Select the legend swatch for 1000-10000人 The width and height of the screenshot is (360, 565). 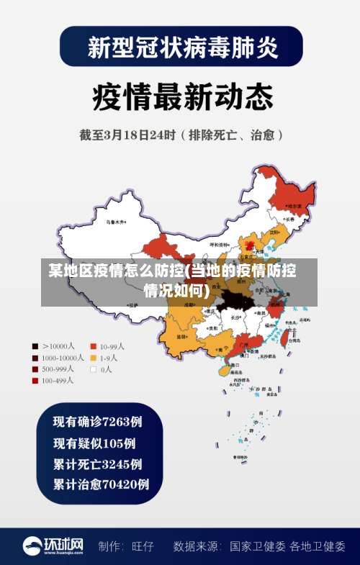click(x=35, y=358)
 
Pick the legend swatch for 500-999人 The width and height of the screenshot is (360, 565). click(x=35, y=369)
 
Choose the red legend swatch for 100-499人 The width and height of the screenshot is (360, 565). click(x=35, y=381)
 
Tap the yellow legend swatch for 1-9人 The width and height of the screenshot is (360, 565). click(x=94, y=358)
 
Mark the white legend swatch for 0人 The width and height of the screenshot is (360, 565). click(x=94, y=369)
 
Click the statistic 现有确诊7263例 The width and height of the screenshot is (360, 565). click(x=98, y=421)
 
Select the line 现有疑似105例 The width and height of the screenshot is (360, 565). click(x=94, y=443)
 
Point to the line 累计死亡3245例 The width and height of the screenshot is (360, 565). click(x=98, y=464)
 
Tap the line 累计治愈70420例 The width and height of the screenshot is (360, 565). click(x=102, y=484)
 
